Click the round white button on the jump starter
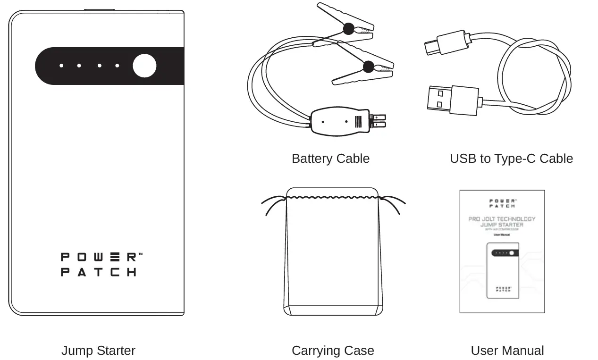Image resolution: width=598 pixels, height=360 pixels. tap(144, 66)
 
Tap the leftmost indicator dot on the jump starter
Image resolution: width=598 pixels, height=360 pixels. tap(61, 66)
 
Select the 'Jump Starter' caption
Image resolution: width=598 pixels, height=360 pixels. tap(98, 351)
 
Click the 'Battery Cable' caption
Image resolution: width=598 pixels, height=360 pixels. tap(330, 159)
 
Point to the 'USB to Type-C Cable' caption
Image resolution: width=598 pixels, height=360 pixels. tap(511, 159)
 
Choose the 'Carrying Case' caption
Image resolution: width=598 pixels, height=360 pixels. tap(333, 351)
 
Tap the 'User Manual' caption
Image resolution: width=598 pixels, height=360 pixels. tap(507, 351)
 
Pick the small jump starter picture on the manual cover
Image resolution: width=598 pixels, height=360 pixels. tap(503, 270)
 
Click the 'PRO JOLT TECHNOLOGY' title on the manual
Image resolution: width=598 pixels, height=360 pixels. tap(502, 219)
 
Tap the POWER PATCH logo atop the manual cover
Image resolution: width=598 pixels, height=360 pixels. tap(502, 203)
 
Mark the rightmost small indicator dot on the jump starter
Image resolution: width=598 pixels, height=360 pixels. tap(118, 66)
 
